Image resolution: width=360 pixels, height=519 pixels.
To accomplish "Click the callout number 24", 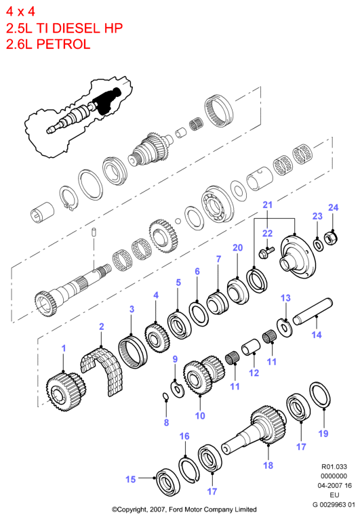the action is (333, 207).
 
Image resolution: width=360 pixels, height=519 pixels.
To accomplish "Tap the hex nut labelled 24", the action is (331, 238).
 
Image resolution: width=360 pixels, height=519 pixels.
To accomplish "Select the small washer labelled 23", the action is (319, 245).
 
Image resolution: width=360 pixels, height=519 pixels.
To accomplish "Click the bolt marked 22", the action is (266, 252).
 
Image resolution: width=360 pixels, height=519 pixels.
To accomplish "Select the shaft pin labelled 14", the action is (313, 312).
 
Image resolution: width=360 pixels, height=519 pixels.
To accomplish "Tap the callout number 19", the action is (323, 434).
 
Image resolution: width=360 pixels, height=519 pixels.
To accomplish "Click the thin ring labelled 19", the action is (320, 396).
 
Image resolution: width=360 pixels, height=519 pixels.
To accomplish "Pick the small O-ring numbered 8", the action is (165, 396).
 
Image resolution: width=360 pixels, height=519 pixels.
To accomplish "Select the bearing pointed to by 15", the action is (168, 483).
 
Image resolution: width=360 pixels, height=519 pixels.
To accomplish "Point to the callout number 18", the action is (268, 465).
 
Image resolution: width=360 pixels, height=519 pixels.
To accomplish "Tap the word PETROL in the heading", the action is (63, 44).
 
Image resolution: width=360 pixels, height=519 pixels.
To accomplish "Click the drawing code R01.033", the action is (334, 467).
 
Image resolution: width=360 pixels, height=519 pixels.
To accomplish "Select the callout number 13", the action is (285, 298).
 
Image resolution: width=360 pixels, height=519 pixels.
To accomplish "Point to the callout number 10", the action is (200, 416).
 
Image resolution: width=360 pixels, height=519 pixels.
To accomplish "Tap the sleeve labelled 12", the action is (251, 347).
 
